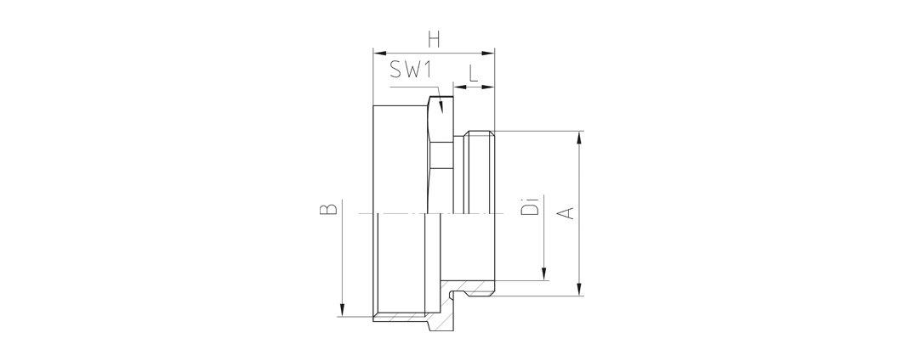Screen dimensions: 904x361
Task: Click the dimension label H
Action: point(434,40)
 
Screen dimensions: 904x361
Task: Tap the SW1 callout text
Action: point(411,69)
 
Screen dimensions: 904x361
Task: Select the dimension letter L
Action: point(473,73)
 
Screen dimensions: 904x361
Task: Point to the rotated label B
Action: point(328,209)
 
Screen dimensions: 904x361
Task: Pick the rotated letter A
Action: point(568,212)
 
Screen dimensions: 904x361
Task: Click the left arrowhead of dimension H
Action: point(379,53)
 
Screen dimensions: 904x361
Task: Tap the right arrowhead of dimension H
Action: point(489,53)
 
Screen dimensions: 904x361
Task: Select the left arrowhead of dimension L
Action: point(459,87)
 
